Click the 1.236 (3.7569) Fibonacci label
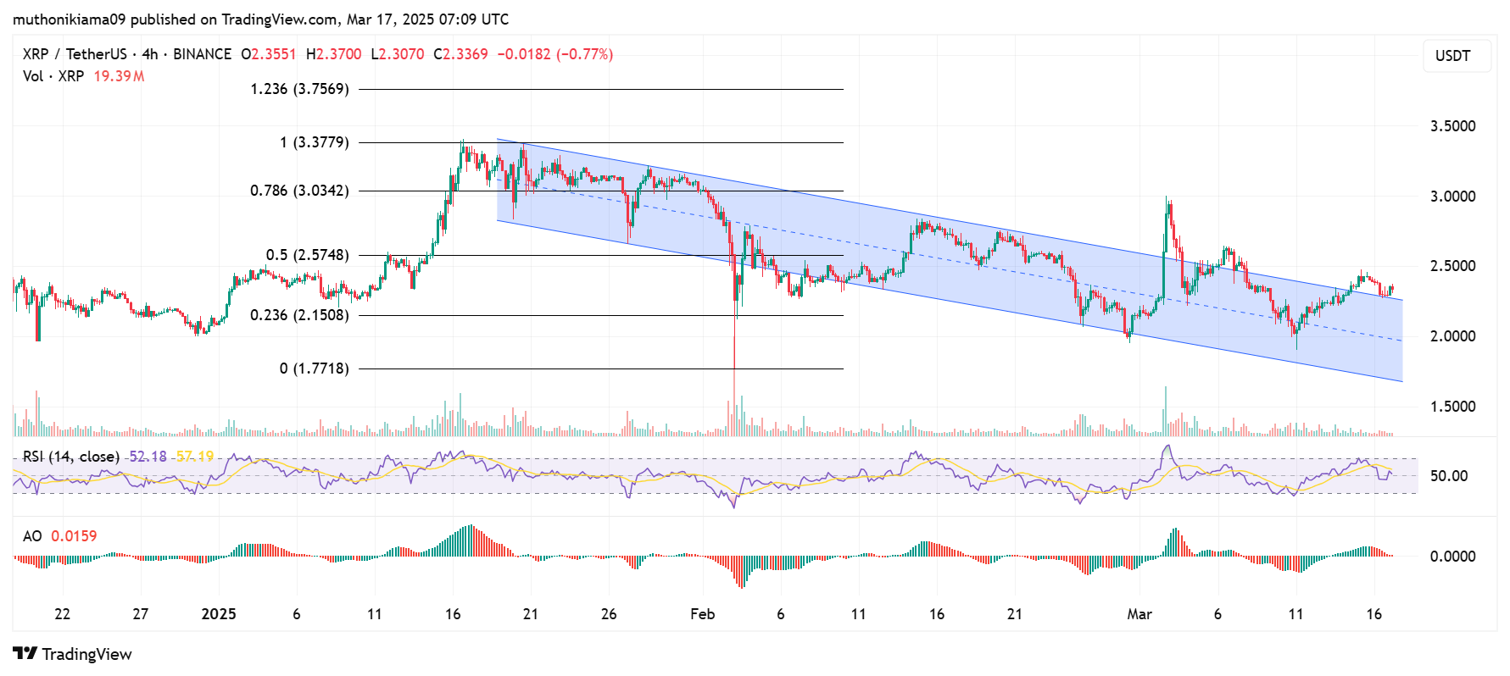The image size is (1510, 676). [299, 89]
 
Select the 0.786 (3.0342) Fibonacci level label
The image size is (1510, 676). [299, 191]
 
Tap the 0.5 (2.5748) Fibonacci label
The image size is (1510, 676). [307, 255]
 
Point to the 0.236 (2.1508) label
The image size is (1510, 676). [299, 315]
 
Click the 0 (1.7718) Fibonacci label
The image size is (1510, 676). [314, 368]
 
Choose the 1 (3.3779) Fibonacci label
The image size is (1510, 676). [314, 142]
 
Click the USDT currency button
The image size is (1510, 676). [1452, 56]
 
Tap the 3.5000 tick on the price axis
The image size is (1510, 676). [1452, 126]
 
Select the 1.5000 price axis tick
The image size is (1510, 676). [1452, 407]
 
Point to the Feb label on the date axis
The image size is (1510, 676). [702, 614]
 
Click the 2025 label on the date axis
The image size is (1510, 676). [219, 614]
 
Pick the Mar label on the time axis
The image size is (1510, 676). [1139, 614]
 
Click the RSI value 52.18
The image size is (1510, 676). [148, 457]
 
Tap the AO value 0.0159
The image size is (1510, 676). [74, 536]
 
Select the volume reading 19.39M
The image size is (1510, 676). [119, 76]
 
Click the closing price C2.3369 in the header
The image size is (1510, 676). [460, 54]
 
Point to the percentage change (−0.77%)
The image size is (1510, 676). [584, 54]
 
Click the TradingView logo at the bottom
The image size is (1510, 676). [73, 654]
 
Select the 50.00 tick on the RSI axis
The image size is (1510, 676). [1448, 476]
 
